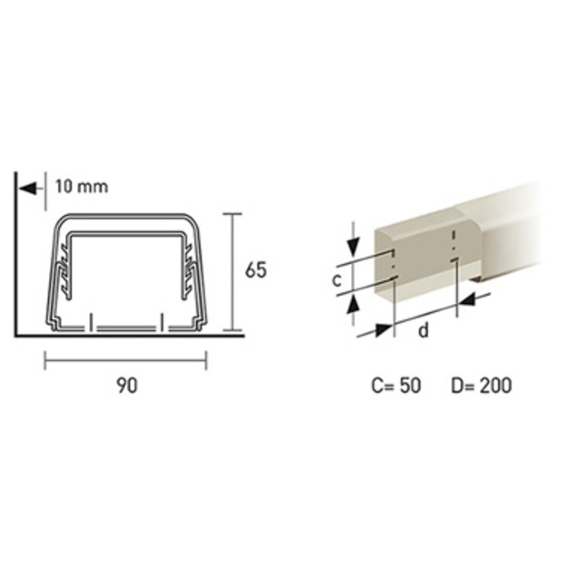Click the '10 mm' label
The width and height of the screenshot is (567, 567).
[82, 187]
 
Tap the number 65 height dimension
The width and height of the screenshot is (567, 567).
[256, 269]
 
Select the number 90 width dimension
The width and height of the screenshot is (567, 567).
[127, 386]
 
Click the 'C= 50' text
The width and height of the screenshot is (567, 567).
[396, 386]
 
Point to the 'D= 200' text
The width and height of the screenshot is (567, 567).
[482, 386]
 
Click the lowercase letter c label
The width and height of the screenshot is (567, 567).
[337, 280]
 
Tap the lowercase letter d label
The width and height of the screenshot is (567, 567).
[423, 330]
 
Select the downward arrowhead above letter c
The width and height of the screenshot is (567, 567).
[353, 247]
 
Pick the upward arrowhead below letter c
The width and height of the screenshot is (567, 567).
[353, 305]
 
